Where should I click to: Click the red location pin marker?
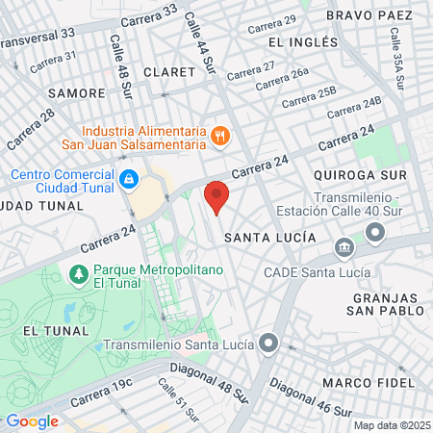tap(217, 195)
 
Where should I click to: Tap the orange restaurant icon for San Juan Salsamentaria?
tap(220, 136)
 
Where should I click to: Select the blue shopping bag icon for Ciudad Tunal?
tap(128, 179)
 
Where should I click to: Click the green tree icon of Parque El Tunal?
tap(78, 276)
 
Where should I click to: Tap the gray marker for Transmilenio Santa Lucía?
tap(270, 344)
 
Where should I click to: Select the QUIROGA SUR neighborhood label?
tap(360, 174)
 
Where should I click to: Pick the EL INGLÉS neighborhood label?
tap(303, 42)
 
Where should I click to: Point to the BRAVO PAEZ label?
tap(369, 16)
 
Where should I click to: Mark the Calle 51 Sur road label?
tap(177, 398)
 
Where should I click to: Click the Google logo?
tap(32, 420)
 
